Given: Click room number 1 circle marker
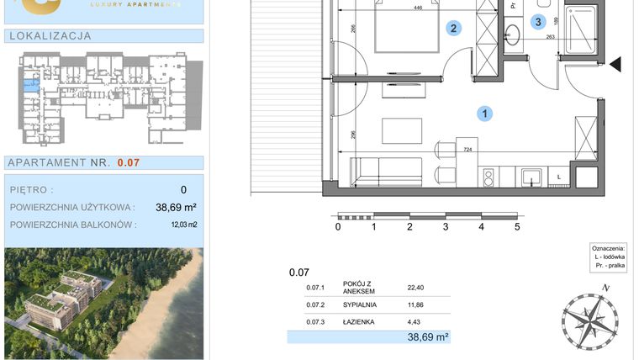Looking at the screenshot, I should [485, 113].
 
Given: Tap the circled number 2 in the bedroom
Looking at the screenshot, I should [453, 29].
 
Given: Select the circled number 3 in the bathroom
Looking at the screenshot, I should [539, 22].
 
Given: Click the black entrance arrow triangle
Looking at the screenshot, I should [615, 64].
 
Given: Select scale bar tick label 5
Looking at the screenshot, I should [517, 226].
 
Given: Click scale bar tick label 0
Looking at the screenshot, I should [338, 226].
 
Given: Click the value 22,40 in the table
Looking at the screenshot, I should [416, 287].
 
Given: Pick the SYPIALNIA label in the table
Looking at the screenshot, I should [361, 304].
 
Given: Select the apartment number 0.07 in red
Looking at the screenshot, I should [129, 163].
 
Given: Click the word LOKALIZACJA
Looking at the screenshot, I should [49, 36].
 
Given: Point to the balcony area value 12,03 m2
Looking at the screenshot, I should [179, 225].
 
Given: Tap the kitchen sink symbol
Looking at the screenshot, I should [531, 176].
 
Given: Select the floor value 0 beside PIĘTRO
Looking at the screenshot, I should [183, 190].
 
